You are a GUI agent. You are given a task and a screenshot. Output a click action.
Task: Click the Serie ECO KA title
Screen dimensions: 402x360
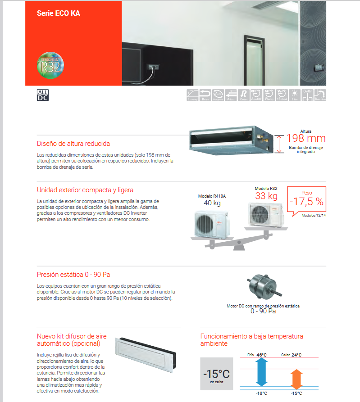59,13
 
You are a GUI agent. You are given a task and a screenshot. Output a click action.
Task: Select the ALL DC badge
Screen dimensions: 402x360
42,95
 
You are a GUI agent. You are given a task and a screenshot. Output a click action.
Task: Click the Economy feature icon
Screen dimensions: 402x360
192,95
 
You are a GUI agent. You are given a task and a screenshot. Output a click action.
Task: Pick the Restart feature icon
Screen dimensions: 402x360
243,95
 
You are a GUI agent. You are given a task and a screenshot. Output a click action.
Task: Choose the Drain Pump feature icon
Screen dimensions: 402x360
320,95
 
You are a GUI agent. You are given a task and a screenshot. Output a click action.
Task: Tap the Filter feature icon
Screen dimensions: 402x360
295,95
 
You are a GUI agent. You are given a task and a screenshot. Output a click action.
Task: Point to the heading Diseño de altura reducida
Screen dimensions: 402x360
73,144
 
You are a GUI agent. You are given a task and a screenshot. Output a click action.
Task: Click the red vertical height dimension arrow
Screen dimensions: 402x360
280,143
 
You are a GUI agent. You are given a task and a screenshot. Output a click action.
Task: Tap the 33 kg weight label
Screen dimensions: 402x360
266,196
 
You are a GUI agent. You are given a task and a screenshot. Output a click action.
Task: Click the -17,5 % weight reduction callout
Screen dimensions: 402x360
306,201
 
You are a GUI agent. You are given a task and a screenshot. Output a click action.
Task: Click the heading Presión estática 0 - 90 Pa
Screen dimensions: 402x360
73,274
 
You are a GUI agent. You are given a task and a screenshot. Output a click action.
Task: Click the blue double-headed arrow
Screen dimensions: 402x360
262,372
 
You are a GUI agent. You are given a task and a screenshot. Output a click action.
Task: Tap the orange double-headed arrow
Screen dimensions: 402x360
296,378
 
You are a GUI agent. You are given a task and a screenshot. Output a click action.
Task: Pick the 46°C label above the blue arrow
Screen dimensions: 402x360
261,355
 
